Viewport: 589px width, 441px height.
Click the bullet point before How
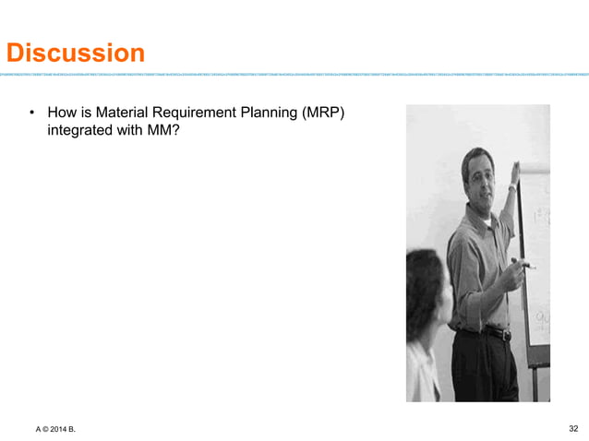coord(31,114)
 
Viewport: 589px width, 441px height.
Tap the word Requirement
coord(195,114)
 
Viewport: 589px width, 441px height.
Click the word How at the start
coord(62,114)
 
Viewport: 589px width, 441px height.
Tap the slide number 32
coord(573,428)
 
